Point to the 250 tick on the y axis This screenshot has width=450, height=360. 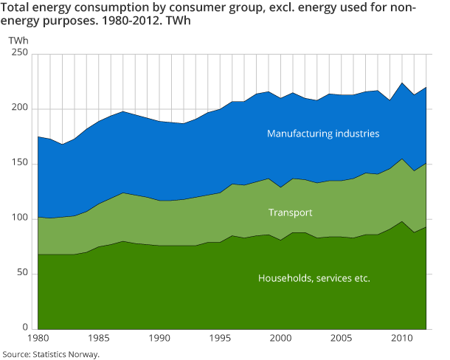coord(20,54)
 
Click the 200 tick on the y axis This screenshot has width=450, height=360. coord(20,109)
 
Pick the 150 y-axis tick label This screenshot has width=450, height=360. coord(20,164)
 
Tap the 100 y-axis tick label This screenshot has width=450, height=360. coord(20,219)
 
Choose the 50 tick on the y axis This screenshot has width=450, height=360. coord(22,274)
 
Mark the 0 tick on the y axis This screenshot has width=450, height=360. coord(25,328)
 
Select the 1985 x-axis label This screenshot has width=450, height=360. coord(99,339)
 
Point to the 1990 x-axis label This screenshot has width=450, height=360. coord(159,339)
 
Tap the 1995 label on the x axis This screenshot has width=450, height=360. coord(220,339)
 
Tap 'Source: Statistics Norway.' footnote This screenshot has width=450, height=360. coord(50,354)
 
